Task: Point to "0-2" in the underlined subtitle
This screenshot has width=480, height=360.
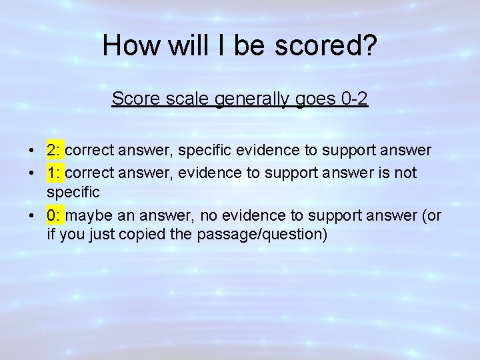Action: (x=353, y=99)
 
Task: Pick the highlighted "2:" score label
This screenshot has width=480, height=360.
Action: (x=55, y=150)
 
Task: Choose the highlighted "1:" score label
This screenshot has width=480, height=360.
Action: (x=55, y=173)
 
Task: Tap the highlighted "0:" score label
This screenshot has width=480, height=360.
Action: (x=55, y=216)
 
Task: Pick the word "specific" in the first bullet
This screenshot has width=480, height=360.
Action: (x=201, y=150)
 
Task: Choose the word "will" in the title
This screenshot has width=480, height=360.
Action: (x=177, y=46)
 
